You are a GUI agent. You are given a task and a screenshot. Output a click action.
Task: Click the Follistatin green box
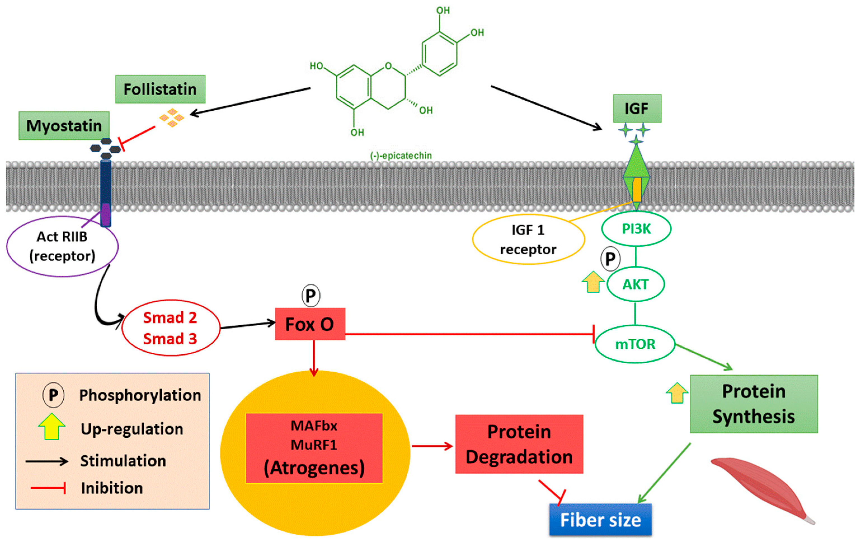160,89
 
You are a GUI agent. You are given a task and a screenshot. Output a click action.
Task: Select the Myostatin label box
64,126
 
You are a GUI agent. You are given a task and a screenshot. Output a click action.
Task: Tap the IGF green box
637,109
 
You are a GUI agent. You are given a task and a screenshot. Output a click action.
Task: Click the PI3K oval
636,229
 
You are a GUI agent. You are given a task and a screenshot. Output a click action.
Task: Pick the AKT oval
635,284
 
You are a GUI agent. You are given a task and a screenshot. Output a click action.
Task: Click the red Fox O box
310,324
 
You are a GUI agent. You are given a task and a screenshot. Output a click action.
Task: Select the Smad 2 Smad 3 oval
171,328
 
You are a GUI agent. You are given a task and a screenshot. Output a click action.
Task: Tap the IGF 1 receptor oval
528,239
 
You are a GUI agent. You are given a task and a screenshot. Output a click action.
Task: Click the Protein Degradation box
519,444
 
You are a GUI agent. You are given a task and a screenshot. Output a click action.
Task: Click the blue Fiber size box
600,520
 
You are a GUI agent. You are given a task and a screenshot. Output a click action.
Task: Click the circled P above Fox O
311,296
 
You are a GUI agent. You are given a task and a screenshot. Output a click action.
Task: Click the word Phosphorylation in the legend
140,395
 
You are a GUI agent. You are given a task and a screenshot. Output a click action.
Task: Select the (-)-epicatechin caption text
401,156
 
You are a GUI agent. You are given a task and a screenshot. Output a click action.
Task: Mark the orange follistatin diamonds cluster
172,117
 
